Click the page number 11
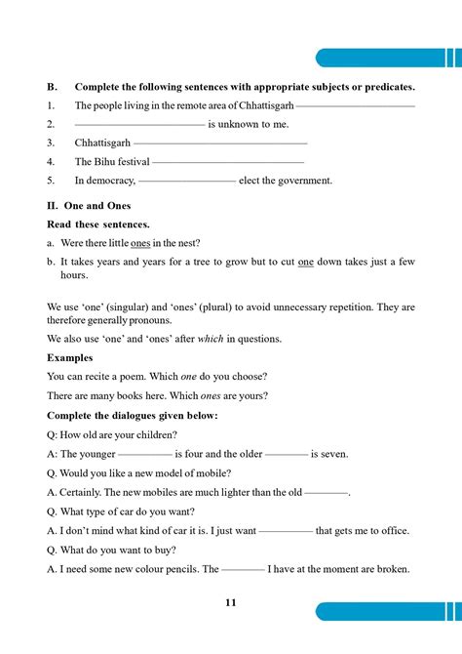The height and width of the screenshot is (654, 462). point(230,602)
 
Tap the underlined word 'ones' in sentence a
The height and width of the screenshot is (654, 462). point(141,243)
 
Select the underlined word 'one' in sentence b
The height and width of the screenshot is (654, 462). point(305,262)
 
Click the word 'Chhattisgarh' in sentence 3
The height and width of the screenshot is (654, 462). point(102,143)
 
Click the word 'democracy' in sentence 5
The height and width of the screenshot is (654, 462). point(110,181)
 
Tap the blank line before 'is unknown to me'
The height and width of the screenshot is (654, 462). point(139,125)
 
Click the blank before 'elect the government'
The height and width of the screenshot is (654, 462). point(187,181)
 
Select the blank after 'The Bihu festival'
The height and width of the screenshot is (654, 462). point(228,162)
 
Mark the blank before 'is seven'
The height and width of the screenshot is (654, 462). point(287,454)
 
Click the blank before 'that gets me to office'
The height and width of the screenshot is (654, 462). point(287,531)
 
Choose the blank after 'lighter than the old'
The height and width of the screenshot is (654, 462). point(327,493)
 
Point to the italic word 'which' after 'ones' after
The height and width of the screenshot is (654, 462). point(213,339)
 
